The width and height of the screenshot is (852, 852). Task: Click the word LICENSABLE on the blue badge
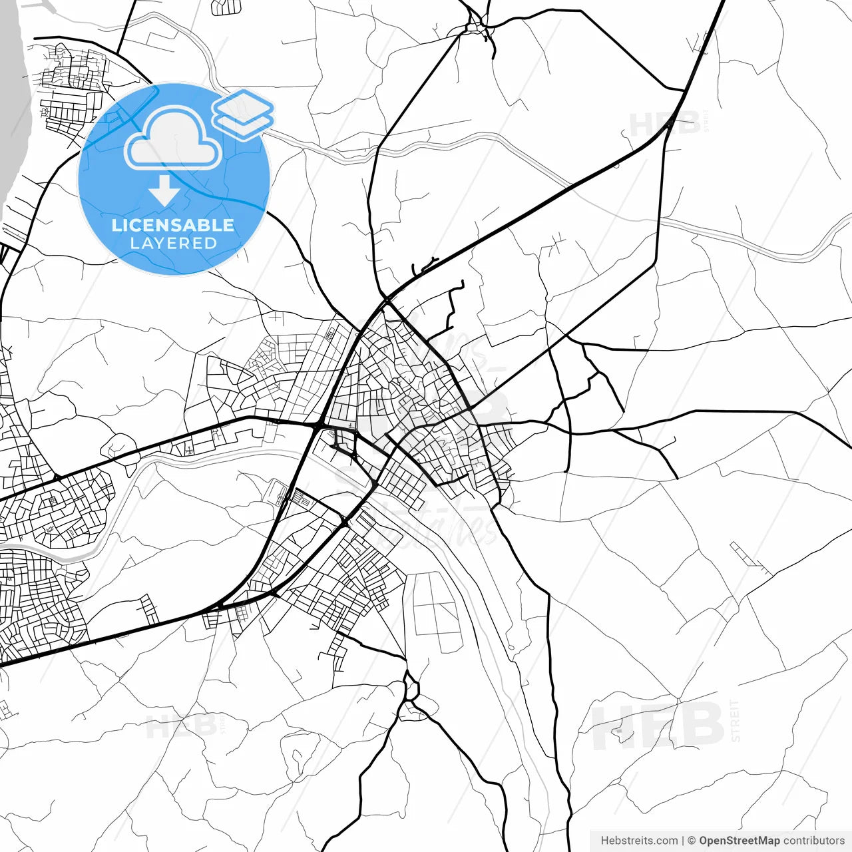[x=173, y=225]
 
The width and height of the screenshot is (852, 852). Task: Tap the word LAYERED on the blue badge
[x=173, y=244]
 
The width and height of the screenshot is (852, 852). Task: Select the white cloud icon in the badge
[x=173, y=138]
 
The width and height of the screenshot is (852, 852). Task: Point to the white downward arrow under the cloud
[x=164, y=191]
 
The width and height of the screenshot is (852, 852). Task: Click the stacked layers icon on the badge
[x=243, y=114]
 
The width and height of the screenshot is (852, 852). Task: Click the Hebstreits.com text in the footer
[x=639, y=841]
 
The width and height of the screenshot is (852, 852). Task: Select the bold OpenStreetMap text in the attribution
[x=739, y=841]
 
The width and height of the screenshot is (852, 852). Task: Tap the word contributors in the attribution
[x=813, y=841]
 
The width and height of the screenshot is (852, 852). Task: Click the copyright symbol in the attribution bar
[x=692, y=841]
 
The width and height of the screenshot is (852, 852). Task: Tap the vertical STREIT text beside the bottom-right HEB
[x=735, y=720]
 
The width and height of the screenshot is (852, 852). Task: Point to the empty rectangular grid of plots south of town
[x=437, y=612]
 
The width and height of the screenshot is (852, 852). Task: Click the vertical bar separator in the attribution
[x=683, y=841]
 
